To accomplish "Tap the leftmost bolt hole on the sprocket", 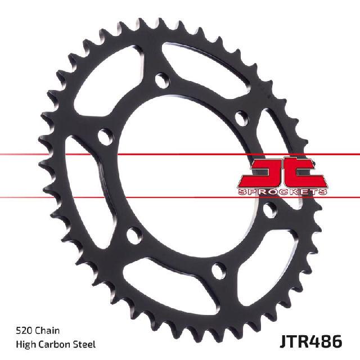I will [x=104, y=135].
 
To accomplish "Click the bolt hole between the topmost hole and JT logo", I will [x=240, y=119].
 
